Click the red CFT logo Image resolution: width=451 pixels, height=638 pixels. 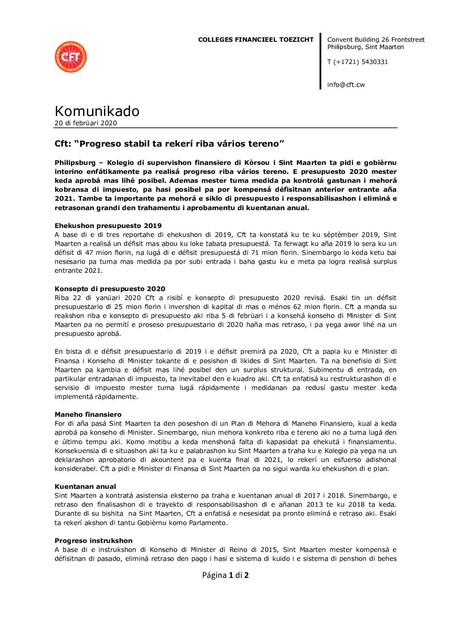[71, 57]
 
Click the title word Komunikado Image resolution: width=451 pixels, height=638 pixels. [97, 111]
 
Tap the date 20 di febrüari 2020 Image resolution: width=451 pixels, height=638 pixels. [86, 123]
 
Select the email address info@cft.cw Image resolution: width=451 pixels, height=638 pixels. [346, 85]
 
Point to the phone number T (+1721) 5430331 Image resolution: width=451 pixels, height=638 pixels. [358, 62]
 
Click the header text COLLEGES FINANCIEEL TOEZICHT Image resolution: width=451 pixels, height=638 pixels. [256, 40]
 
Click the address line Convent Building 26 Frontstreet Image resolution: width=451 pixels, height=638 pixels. [376, 40]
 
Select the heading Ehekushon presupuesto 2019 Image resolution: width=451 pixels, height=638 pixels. [108, 226]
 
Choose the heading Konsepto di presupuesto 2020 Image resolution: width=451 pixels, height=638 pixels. [110, 289]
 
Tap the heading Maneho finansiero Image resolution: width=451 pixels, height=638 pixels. [88, 415]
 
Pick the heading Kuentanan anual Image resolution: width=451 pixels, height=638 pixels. [85, 487]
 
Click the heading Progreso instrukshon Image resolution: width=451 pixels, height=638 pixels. [94, 541]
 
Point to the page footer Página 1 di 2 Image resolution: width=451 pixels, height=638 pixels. [225, 575]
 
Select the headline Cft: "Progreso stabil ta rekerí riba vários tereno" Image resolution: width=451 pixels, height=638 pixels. [169, 144]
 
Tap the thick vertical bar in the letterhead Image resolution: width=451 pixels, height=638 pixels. [321, 61]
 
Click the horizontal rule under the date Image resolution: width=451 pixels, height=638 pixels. [225, 128]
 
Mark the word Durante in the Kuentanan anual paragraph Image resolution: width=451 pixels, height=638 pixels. [66, 514]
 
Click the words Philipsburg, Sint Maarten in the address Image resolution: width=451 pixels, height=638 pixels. [366, 47]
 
